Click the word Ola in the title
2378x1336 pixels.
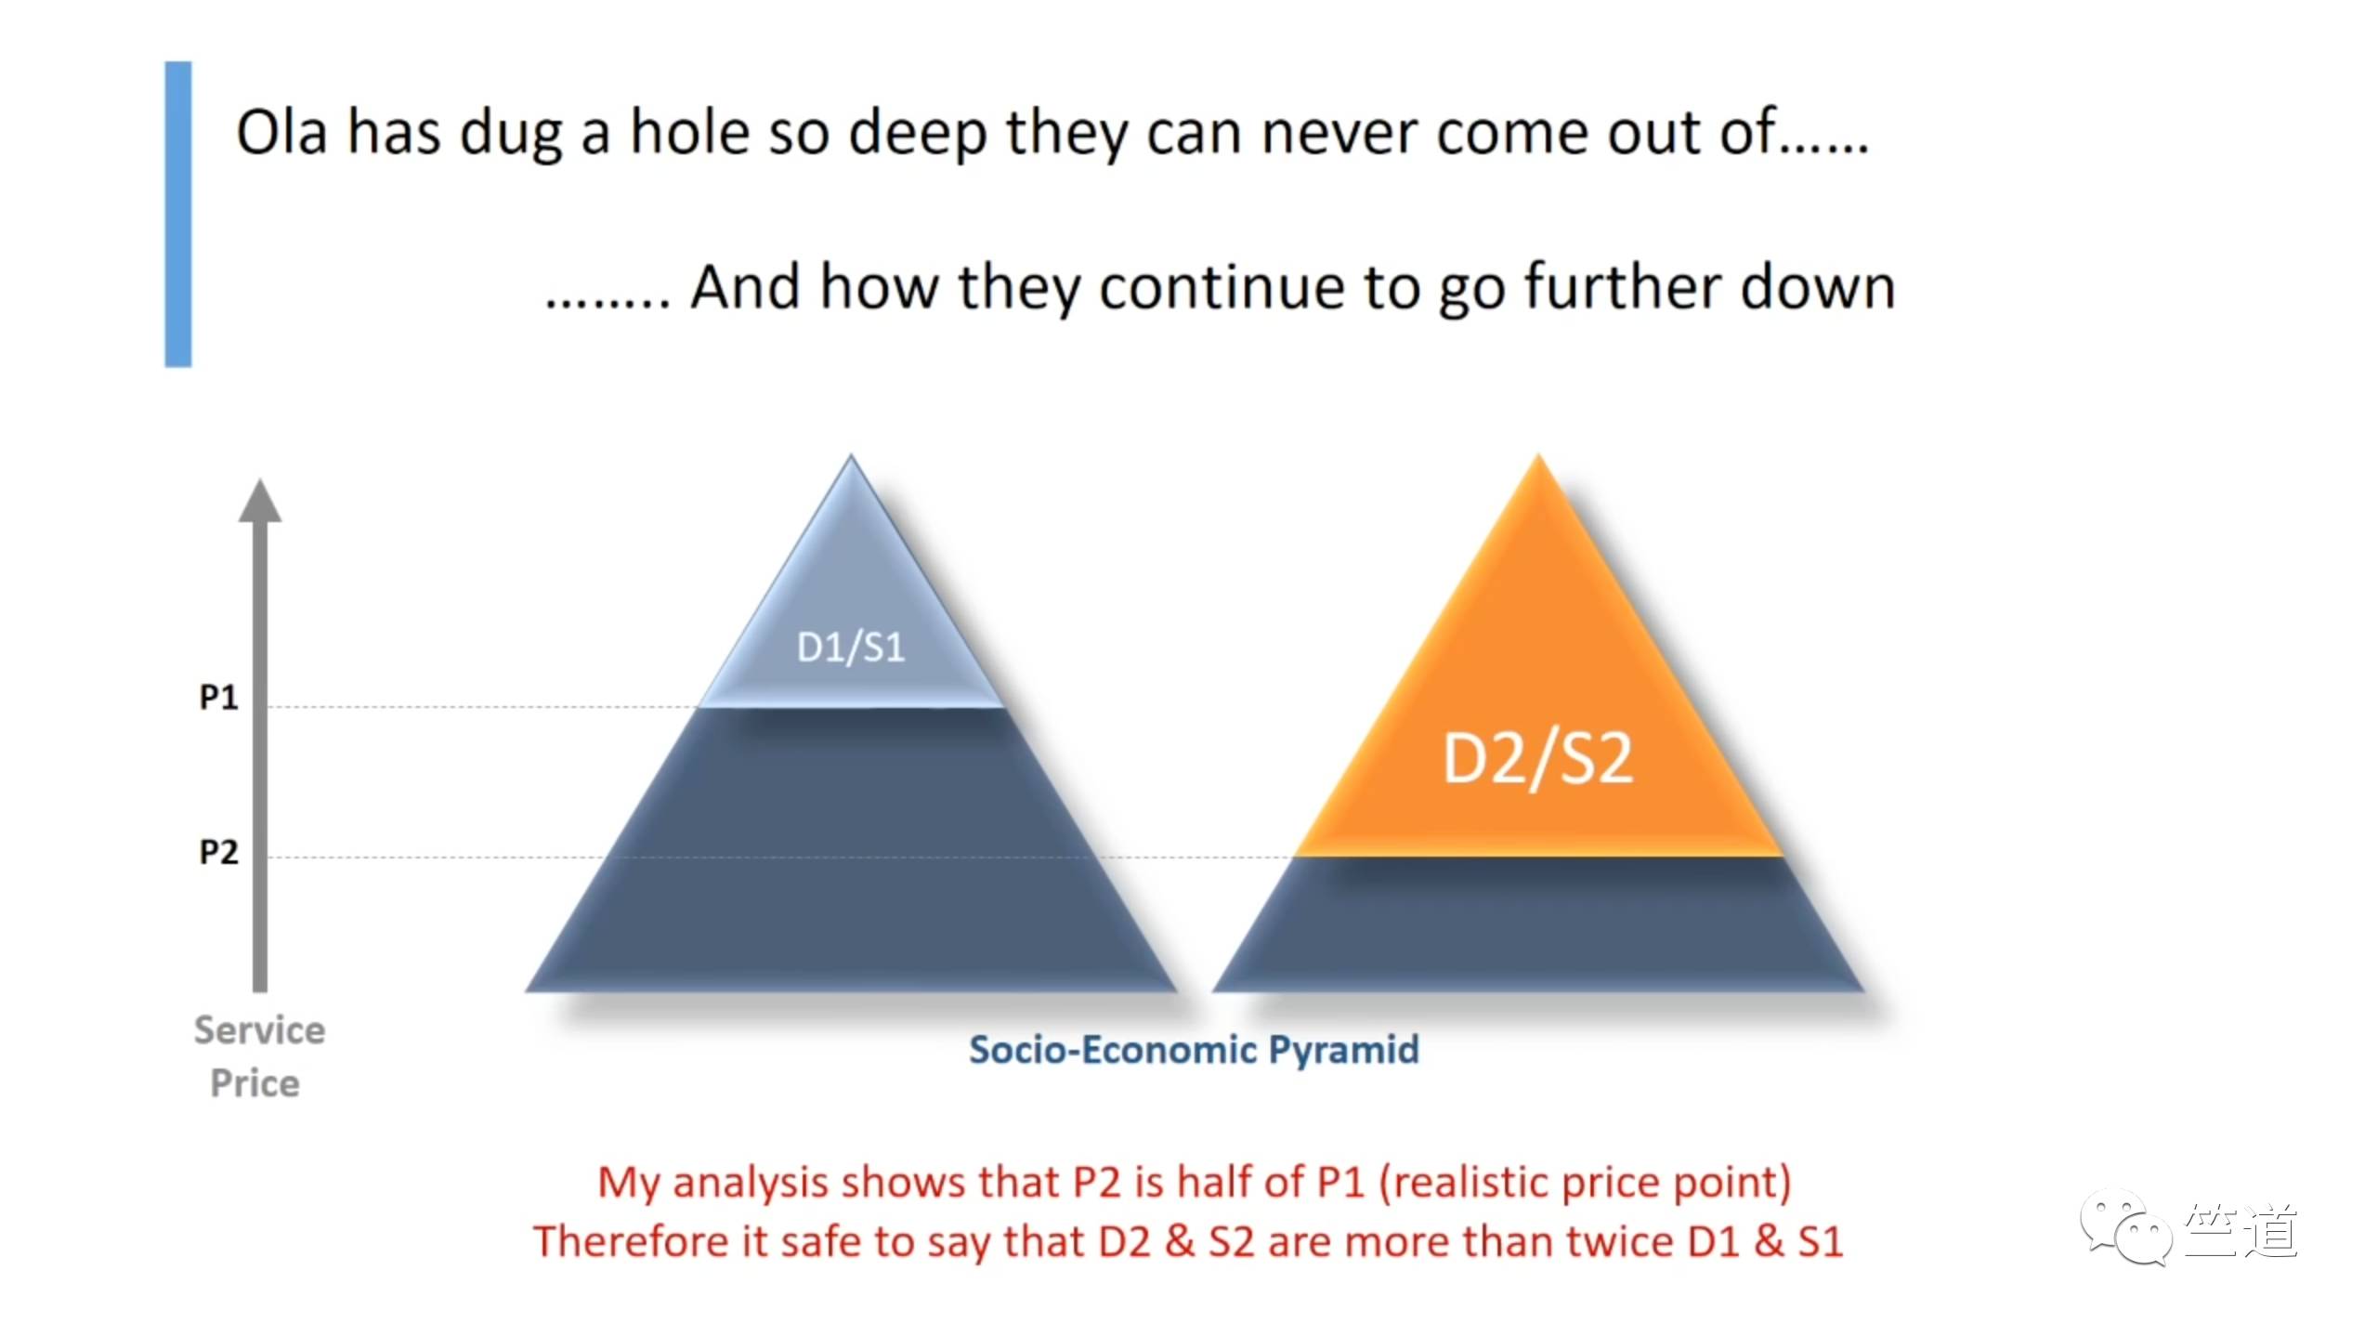(x=281, y=132)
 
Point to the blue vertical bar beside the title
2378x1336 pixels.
(x=178, y=215)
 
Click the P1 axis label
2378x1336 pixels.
(x=219, y=697)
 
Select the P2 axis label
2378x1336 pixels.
(x=219, y=852)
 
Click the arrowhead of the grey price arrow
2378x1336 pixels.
(x=260, y=502)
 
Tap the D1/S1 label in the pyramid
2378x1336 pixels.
(x=851, y=648)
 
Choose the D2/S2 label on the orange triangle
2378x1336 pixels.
(x=1537, y=759)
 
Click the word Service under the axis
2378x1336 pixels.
(x=260, y=1030)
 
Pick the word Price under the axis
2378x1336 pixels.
(x=255, y=1083)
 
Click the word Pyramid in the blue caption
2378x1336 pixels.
(x=1344, y=1051)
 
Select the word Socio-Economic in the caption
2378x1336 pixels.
(x=1114, y=1050)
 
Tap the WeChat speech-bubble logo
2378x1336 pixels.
(x=2126, y=1226)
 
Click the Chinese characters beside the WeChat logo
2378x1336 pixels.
(x=2241, y=1230)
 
